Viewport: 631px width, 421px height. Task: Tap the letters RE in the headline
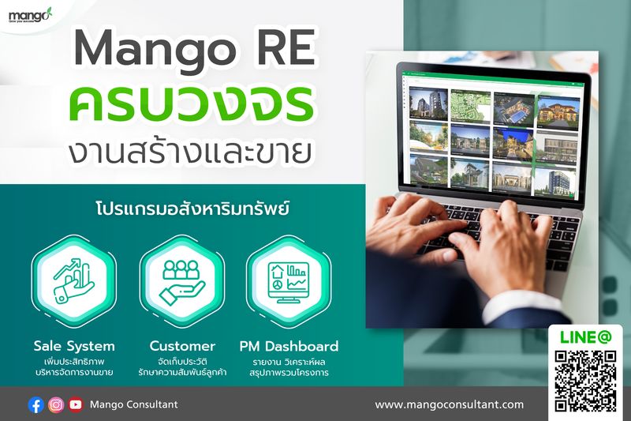click(285, 50)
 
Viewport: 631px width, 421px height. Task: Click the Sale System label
click(75, 346)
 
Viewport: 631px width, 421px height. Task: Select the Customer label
click(182, 346)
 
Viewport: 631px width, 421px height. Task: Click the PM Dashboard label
click(289, 346)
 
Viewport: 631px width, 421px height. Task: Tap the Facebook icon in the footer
click(35, 404)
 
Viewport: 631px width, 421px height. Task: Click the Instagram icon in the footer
click(56, 404)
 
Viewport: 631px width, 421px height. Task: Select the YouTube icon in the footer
click(76, 404)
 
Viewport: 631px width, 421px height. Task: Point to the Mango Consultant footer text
click(134, 404)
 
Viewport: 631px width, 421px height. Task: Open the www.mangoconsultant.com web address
click(449, 404)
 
